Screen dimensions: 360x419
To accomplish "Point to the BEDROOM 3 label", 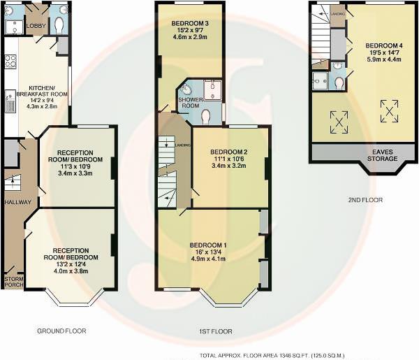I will tap(190, 23).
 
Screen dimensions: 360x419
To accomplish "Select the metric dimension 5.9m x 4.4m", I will tap(383, 59).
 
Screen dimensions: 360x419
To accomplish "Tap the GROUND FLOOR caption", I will tap(62, 331).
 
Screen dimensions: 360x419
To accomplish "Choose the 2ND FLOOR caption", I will tap(365, 200).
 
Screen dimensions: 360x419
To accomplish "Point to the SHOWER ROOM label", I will tap(191, 102).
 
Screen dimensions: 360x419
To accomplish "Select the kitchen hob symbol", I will tap(10, 62).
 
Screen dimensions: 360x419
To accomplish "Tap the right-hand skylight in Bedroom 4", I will tap(388, 110).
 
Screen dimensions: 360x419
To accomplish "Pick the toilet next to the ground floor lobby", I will tap(59, 24).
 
